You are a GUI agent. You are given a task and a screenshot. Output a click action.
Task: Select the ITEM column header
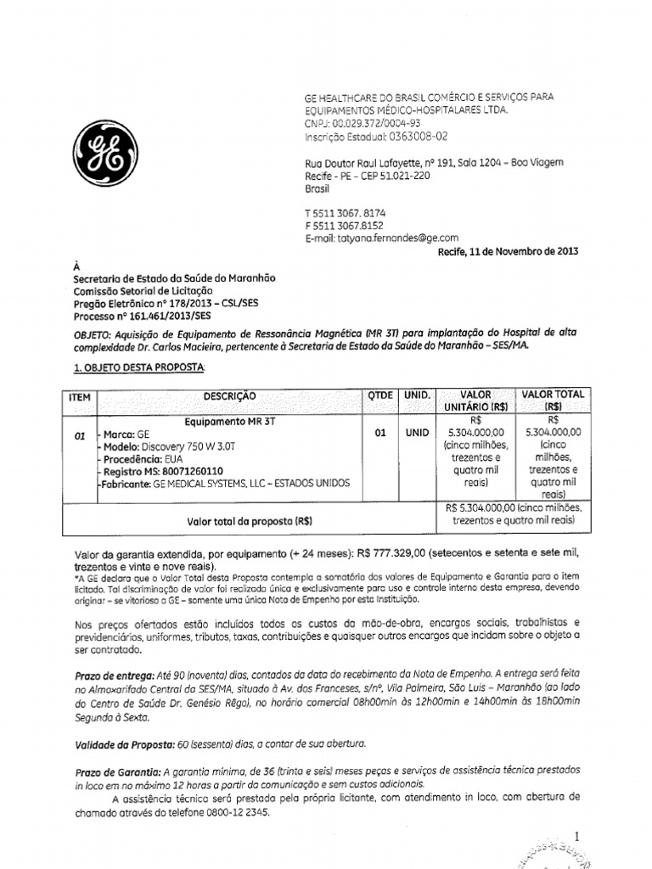tap(82, 397)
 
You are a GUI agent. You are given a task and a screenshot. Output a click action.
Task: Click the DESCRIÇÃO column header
tap(229, 396)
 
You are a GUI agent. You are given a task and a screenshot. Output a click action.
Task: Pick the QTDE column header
tap(381, 396)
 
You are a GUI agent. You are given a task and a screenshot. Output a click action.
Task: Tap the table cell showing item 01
tap(81, 435)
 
